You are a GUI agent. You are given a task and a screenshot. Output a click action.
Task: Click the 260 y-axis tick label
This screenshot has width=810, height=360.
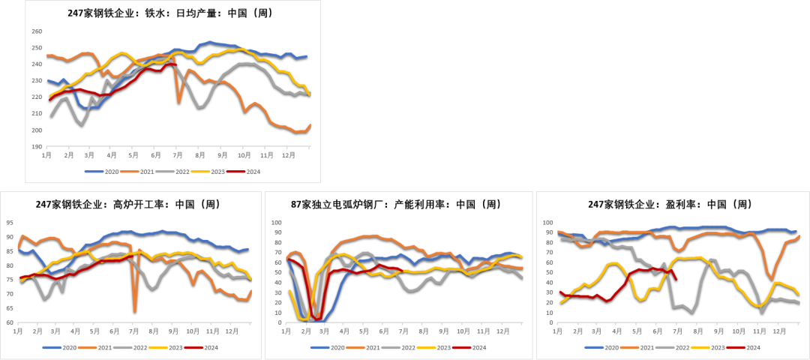(37, 31)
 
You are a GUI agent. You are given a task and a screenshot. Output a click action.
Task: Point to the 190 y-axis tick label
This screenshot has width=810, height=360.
(37, 147)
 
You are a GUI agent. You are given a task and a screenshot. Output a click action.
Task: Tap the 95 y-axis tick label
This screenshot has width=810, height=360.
(9, 223)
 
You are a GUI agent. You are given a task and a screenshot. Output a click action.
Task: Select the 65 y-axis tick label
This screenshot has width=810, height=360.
(9, 308)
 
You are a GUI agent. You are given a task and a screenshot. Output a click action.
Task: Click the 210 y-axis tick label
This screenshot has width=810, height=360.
(37, 113)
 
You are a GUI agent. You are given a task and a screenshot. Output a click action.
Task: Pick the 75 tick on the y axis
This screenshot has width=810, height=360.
(9, 280)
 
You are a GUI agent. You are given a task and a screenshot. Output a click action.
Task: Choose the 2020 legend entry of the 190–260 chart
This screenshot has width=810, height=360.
(94, 172)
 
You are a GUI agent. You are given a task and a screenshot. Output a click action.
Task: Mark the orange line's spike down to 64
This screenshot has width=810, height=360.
(135, 310)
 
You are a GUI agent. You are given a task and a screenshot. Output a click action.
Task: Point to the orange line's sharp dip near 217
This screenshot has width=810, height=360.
(178, 102)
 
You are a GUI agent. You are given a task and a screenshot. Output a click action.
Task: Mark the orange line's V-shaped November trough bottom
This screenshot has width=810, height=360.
(770, 279)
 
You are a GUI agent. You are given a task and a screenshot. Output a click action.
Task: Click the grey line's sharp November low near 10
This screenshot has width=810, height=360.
(762, 311)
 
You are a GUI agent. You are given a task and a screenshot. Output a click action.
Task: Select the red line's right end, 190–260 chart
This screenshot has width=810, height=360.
(175, 65)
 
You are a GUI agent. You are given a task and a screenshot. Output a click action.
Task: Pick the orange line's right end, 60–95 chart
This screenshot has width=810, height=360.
(251, 290)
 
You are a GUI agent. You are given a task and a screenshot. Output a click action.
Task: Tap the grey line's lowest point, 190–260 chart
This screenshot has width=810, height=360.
(82, 124)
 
